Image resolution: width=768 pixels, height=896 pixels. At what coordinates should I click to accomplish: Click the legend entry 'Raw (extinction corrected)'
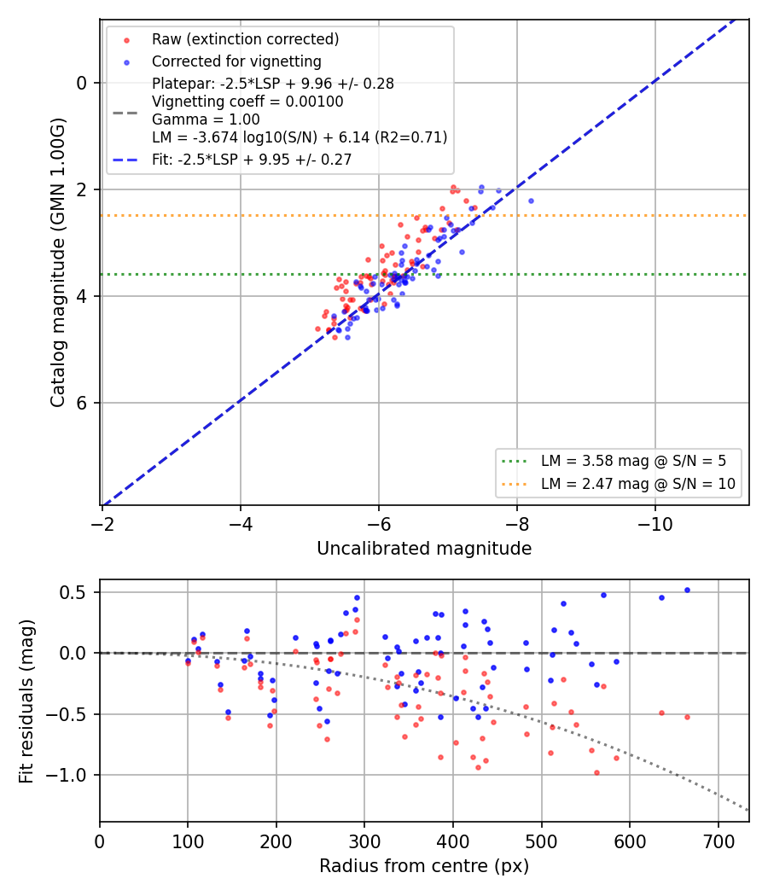(x=245, y=39)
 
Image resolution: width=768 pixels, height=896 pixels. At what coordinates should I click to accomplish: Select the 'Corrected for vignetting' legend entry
(x=236, y=61)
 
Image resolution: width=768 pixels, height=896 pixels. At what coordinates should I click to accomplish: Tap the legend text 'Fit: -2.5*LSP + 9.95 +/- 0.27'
(x=252, y=160)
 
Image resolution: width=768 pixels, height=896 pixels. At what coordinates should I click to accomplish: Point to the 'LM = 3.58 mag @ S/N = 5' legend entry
(x=633, y=461)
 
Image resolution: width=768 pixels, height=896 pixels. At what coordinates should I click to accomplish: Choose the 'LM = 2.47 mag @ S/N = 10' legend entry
(x=637, y=484)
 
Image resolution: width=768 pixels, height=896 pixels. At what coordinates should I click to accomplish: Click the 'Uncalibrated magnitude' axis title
(x=425, y=549)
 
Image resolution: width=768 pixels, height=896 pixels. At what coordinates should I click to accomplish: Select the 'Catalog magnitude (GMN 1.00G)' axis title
(x=58, y=263)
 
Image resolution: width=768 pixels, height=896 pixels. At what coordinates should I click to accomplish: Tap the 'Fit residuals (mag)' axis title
(x=26, y=701)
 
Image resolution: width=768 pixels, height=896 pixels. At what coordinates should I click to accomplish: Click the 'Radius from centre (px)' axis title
(x=424, y=866)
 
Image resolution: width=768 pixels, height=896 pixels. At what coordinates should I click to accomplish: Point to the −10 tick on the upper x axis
(x=655, y=524)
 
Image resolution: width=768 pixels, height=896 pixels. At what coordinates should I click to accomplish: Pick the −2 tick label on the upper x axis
(x=102, y=524)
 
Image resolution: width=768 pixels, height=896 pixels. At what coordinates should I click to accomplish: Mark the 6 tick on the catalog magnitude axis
(x=82, y=403)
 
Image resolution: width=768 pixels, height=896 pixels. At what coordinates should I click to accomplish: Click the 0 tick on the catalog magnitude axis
(x=82, y=84)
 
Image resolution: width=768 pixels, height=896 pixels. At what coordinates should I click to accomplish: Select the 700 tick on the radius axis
(x=718, y=841)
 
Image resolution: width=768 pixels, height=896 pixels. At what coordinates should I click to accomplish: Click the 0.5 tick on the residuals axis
(x=73, y=592)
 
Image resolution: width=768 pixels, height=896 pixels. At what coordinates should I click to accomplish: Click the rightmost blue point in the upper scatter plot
(x=531, y=201)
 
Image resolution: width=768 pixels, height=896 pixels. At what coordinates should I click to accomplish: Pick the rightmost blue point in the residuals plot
(x=687, y=591)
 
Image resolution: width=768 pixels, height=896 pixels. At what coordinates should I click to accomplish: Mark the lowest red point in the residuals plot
(x=596, y=772)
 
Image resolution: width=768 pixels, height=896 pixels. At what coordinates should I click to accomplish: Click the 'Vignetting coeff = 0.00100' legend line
(x=247, y=102)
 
